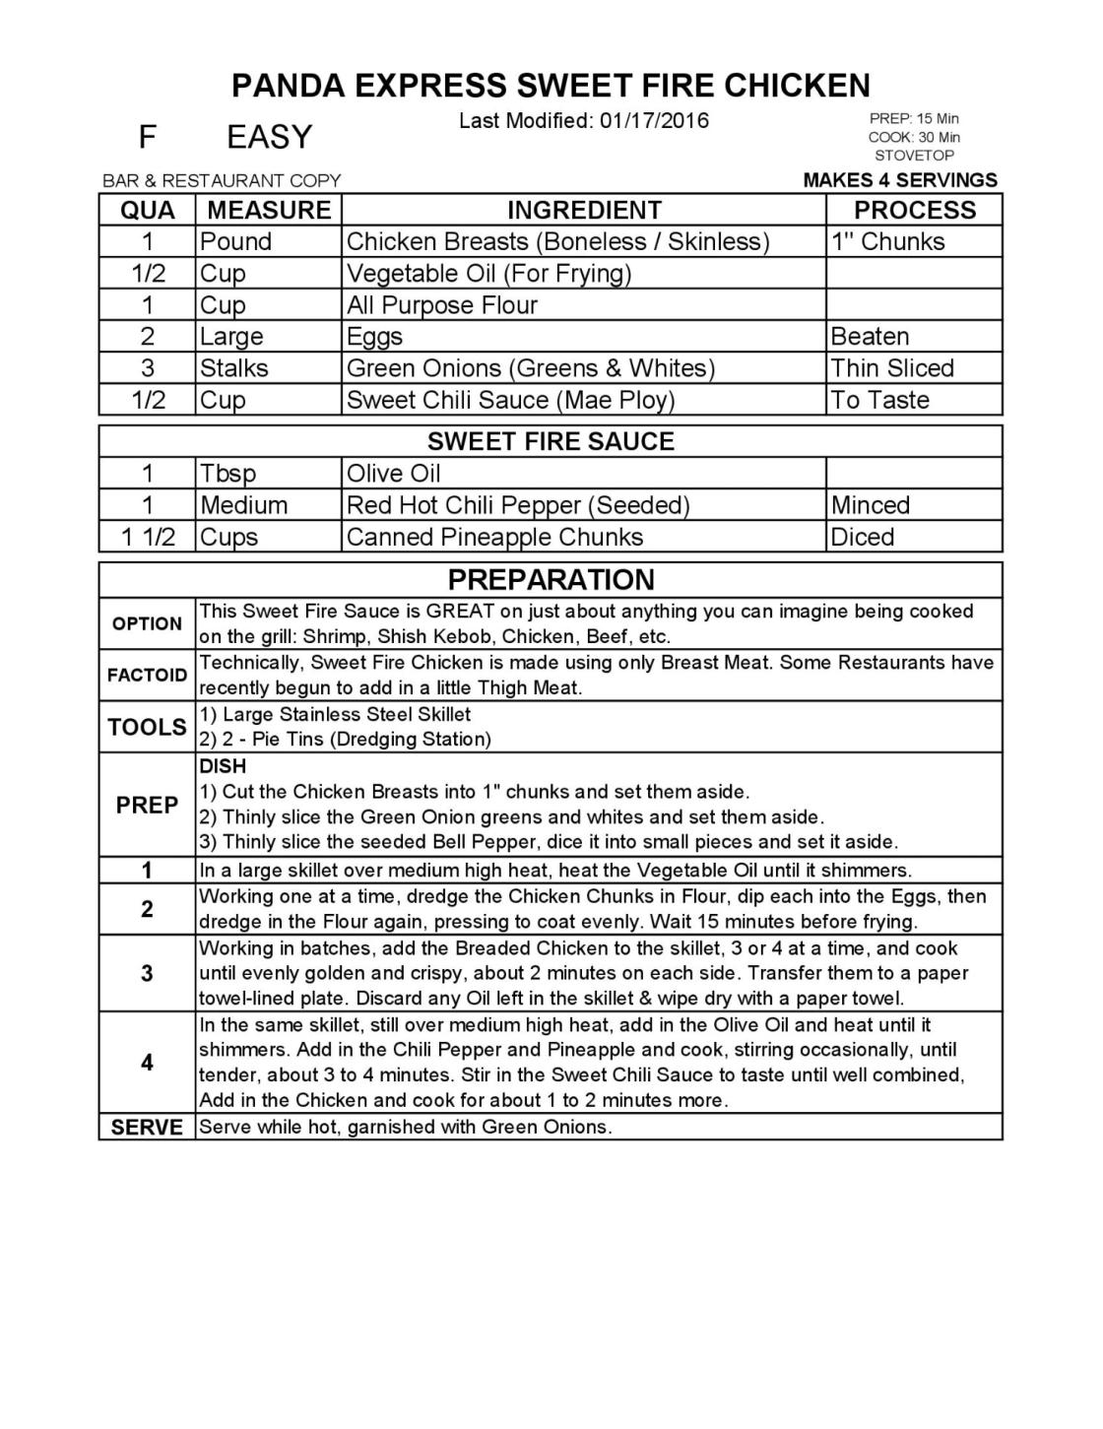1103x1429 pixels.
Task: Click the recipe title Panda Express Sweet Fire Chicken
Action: pos(551,86)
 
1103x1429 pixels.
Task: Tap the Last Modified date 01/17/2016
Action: pos(583,121)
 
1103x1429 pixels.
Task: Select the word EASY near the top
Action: pos(269,137)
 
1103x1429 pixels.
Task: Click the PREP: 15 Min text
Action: pos(914,119)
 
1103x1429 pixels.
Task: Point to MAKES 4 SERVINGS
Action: pos(900,180)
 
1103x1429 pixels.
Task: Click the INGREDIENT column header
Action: pos(584,210)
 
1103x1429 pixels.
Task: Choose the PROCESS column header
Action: pos(914,210)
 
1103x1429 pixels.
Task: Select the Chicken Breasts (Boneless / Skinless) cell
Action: pos(557,242)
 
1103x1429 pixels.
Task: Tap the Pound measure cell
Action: pos(235,242)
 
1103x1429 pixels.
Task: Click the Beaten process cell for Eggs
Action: pos(870,337)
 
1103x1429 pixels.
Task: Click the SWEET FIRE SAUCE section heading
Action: pos(551,441)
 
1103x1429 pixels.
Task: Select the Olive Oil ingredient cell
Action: pos(394,474)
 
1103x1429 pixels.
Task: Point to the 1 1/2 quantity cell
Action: pos(148,538)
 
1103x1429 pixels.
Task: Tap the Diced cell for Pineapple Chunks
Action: pos(863,538)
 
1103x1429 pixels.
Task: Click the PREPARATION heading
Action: pos(551,579)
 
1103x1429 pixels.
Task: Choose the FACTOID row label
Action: pos(148,676)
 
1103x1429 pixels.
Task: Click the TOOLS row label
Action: pos(148,727)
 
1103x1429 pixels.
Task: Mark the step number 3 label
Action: pos(148,974)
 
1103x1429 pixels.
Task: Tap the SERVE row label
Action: pos(148,1128)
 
